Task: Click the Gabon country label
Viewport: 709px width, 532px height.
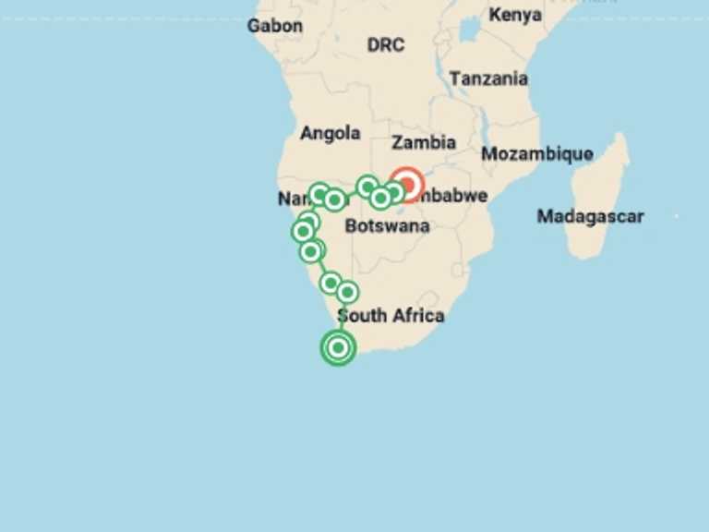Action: pos(274,26)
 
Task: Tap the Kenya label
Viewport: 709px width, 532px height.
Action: pos(515,15)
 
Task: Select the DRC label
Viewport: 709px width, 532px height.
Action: pos(385,44)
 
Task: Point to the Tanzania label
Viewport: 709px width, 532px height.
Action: pos(488,79)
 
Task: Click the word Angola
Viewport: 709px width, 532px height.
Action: pos(330,133)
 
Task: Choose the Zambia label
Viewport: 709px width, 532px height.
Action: pos(424,142)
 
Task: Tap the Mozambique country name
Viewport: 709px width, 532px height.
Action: pos(536,153)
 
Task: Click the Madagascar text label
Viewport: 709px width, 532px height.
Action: pos(590,216)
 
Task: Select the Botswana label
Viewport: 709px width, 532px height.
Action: pos(387,225)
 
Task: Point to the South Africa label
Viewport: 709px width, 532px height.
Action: pos(391,315)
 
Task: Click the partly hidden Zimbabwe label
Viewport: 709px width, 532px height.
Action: pos(454,195)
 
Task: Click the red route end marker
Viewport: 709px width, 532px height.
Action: pos(407,185)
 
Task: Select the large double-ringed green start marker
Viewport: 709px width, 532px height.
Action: pos(339,347)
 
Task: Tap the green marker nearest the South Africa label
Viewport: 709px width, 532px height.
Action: pos(347,292)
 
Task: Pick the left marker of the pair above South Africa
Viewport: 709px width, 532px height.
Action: pos(330,283)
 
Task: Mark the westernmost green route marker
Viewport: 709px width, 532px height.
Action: pos(302,232)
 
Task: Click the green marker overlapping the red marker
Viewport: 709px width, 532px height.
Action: pos(394,191)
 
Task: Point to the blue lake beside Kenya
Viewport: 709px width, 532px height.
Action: pos(471,30)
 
